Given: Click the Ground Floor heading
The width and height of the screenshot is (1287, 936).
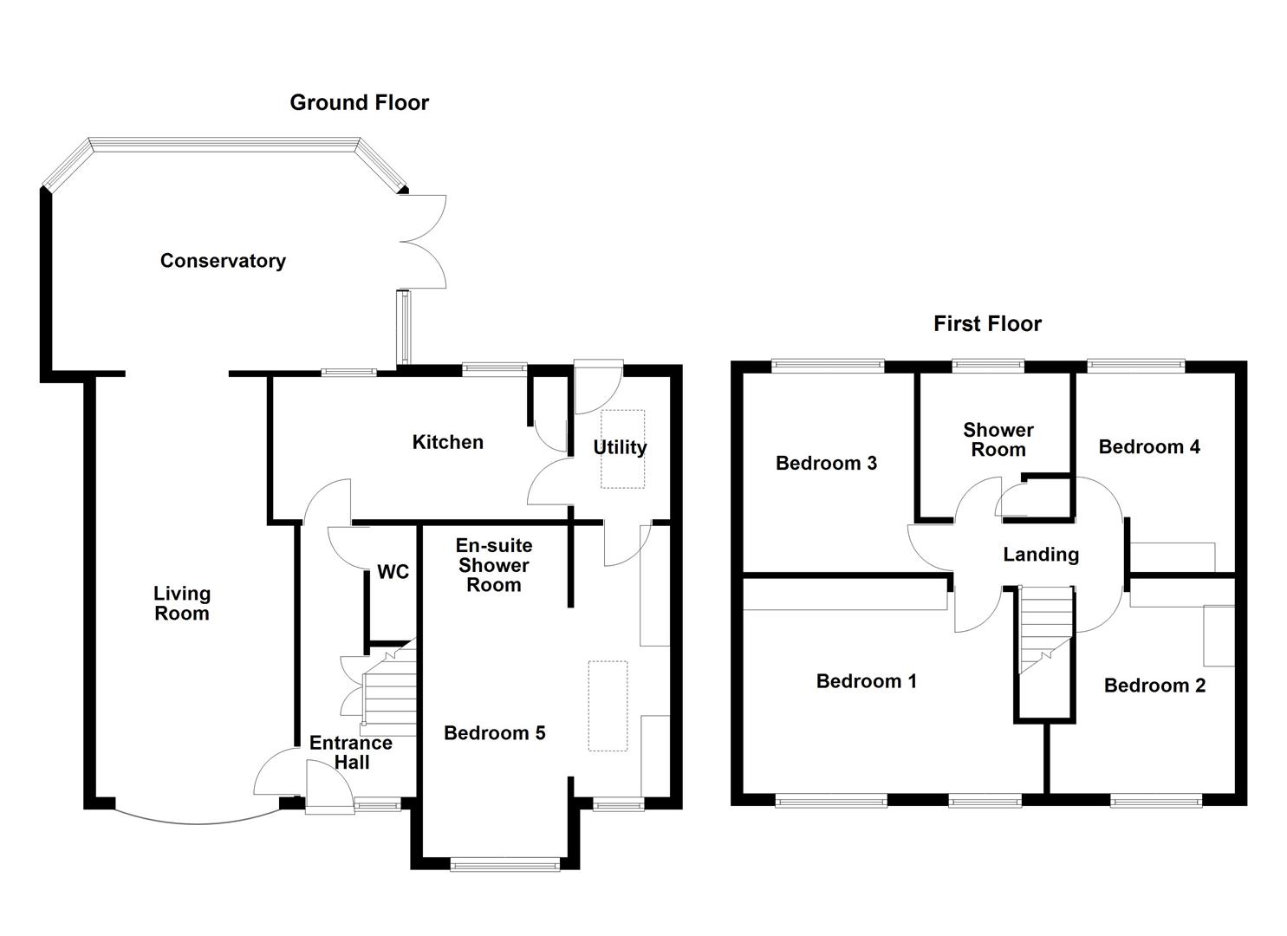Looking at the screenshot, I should tap(359, 102).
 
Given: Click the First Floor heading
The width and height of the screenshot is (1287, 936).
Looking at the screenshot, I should tap(987, 323).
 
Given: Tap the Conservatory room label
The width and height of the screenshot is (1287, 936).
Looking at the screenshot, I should tap(223, 261).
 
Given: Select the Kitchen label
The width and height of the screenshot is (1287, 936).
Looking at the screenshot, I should tap(447, 442).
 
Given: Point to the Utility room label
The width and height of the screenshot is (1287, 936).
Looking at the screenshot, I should tap(619, 447).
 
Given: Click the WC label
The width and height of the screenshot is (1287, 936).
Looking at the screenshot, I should tap(393, 572).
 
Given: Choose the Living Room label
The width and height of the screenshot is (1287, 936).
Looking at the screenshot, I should tap(182, 603).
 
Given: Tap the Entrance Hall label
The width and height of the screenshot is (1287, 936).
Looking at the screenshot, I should tap(351, 752).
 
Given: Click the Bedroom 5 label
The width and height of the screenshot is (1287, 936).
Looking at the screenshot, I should tap(494, 733).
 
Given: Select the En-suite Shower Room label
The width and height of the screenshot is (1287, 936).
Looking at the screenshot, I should tap(494, 565).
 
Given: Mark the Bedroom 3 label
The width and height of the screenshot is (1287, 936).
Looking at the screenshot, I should tap(826, 463).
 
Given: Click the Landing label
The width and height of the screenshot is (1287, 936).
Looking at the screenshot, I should tap(1041, 555).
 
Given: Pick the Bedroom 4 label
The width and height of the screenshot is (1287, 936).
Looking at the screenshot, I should tap(1149, 446).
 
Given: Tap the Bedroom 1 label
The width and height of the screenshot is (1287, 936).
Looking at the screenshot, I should tap(866, 681).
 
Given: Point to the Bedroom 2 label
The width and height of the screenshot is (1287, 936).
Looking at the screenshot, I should tap(1154, 686).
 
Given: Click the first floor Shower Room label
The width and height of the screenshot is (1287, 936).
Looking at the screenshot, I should tap(998, 439).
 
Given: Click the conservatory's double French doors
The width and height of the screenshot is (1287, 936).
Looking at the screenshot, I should tap(425, 241).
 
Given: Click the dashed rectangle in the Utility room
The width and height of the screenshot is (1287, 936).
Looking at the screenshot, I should tap(623, 448).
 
